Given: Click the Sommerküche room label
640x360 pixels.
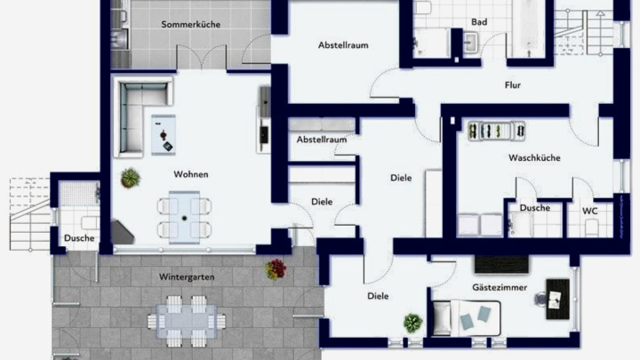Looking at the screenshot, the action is pyautogui.click(x=190, y=25).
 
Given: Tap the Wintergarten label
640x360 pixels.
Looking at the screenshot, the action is pyautogui.click(x=187, y=277).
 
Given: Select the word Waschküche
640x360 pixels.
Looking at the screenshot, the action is pyautogui.click(x=534, y=158).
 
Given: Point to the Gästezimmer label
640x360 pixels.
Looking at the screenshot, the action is pyautogui.click(x=500, y=287).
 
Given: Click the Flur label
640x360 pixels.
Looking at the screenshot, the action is pyautogui.click(x=513, y=85).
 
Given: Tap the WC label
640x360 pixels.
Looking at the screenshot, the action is pyautogui.click(x=590, y=211).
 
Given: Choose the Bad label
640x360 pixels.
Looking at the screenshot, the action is pyautogui.click(x=479, y=22).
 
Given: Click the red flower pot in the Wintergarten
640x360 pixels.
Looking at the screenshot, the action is pyautogui.click(x=276, y=269).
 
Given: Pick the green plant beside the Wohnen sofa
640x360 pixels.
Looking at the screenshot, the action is pyautogui.click(x=131, y=178).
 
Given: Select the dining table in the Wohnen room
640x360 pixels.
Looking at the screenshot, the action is pyautogui.click(x=185, y=218).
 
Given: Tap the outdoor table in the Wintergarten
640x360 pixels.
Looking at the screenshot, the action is pyautogui.click(x=187, y=321).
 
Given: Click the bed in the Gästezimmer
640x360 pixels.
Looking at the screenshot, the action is pyautogui.click(x=466, y=318).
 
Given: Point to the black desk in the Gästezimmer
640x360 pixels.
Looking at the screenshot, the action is pyautogui.click(x=557, y=300).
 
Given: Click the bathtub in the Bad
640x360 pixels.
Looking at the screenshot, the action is pyautogui.click(x=530, y=28).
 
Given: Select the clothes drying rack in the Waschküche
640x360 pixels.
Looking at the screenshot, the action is pyautogui.click(x=496, y=131).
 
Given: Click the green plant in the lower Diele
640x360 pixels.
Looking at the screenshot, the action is pyautogui.click(x=412, y=323).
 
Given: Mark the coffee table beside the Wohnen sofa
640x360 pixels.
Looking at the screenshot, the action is pyautogui.click(x=164, y=135).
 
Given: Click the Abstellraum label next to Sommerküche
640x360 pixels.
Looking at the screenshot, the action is pyautogui.click(x=343, y=45).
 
